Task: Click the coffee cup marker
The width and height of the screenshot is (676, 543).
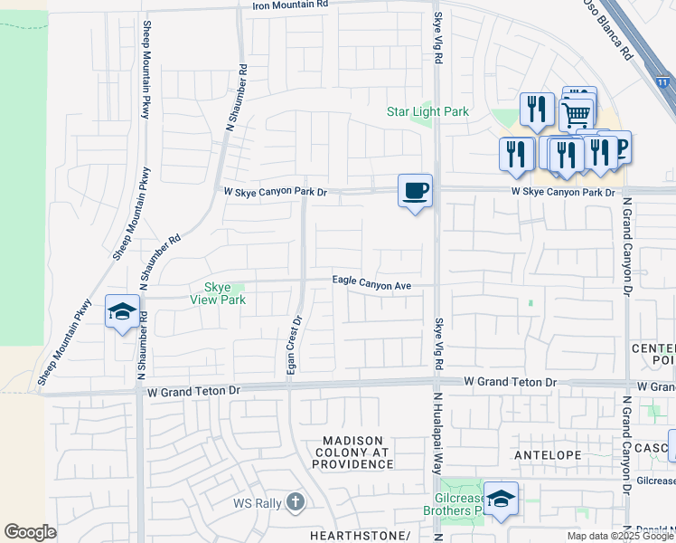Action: point(415,191)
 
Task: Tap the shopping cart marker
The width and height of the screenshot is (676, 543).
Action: point(577,114)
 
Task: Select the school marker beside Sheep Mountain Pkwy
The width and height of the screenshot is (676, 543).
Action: point(123,311)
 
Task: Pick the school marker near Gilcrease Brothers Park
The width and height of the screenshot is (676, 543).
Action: point(500,498)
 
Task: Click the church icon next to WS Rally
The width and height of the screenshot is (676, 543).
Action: point(296,501)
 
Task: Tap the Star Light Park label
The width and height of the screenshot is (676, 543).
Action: point(427,112)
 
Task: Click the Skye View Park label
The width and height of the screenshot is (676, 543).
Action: point(219,293)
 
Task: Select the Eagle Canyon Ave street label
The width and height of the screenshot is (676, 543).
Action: point(371,285)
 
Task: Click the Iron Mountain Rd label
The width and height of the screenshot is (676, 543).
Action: point(289,5)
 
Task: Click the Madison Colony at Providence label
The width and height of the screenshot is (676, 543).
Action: point(353,452)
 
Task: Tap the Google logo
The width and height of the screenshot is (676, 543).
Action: point(30,532)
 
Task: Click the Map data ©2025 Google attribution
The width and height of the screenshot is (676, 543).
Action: point(620,536)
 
